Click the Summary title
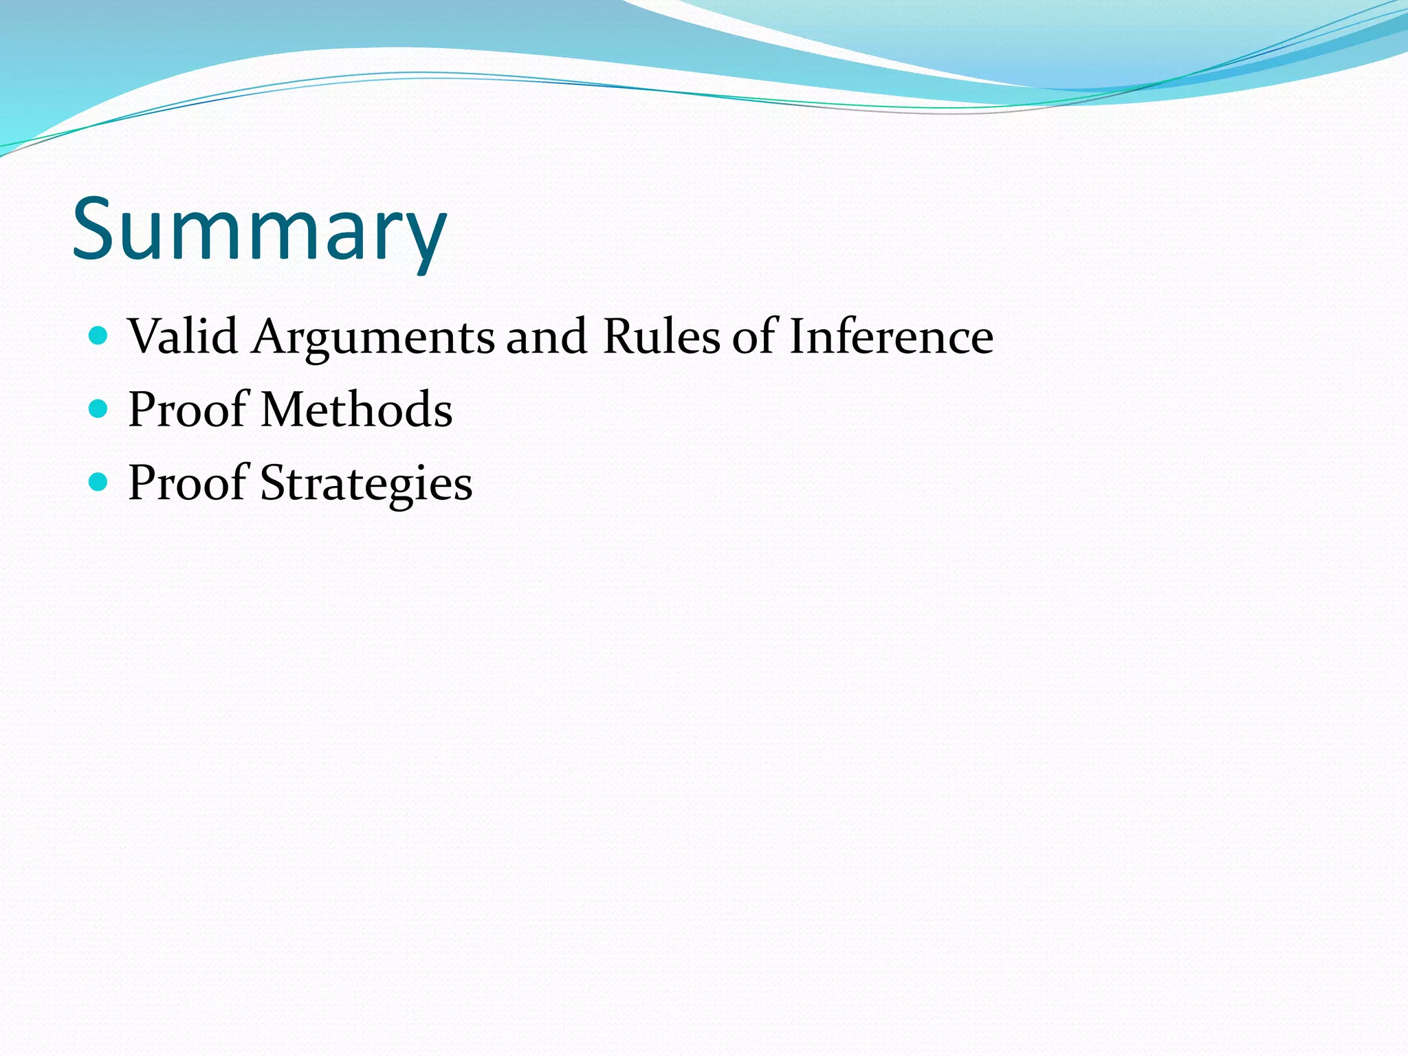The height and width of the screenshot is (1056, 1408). point(259,230)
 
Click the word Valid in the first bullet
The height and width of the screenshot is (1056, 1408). point(183,337)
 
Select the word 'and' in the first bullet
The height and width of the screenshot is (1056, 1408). point(547,337)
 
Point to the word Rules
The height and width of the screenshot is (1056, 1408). point(661,337)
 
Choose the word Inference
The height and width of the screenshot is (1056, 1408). point(891,337)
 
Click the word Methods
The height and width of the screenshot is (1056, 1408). point(357,410)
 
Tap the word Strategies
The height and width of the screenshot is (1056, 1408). point(366,483)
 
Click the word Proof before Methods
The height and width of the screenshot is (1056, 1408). point(188,410)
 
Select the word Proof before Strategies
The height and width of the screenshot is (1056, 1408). point(188,483)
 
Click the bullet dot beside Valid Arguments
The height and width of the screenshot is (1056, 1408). point(99,335)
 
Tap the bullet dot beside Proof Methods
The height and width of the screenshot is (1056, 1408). point(99,409)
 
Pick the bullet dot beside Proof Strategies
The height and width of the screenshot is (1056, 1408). point(99,482)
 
